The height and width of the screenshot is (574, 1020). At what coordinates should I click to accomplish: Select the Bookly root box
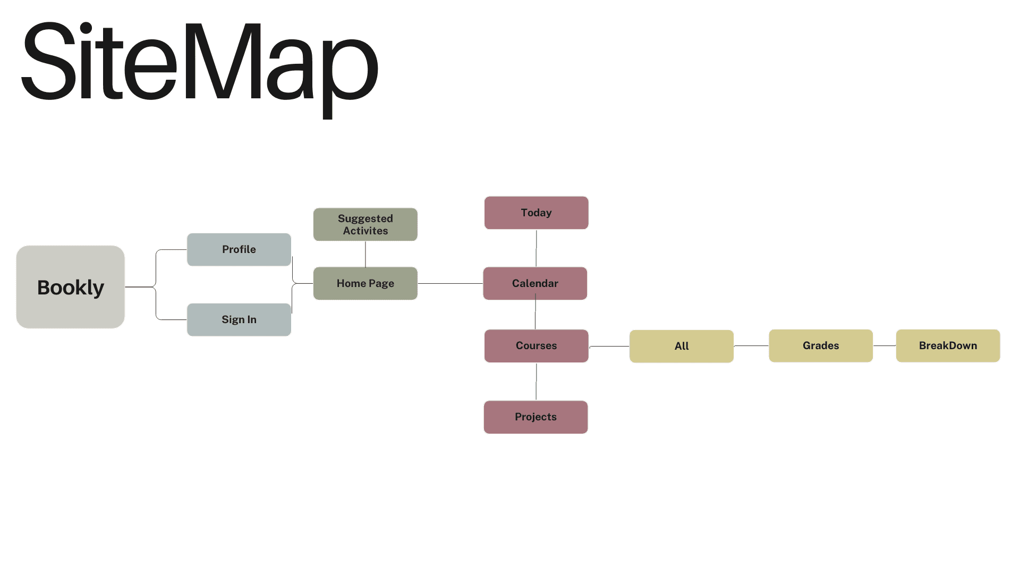[x=71, y=287]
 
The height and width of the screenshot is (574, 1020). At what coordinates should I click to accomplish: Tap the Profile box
[x=239, y=249]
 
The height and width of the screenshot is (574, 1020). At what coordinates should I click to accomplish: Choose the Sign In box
[x=239, y=319]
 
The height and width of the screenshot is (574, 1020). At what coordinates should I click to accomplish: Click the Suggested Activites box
[x=365, y=224]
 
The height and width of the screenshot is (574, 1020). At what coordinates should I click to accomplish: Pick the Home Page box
[x=365, y=283]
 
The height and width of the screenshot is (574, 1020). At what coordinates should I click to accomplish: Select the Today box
[x=537, y=213]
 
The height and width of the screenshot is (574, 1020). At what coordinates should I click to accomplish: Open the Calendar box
[x=535, y=283]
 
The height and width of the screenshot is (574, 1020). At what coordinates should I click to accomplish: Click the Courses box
[x=537, y=345]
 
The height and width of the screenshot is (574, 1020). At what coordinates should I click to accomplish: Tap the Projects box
[x=535, y=417]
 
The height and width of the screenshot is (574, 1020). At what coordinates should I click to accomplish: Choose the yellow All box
[x=682, y=346]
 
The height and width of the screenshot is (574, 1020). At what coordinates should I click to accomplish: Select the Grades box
[x=821, y=345]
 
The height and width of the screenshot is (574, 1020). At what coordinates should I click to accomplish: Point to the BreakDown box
[x=948, y=345]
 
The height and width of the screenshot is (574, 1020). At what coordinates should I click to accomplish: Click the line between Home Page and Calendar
[x=450, y=283]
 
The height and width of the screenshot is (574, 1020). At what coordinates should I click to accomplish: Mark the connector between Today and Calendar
[x=536, y=248]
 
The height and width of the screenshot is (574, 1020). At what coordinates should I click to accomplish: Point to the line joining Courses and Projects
[x=536, y=382]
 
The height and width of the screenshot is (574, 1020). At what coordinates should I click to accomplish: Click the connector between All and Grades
[x=751, y=346]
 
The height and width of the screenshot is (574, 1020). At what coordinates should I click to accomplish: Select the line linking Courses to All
[x=609, y=346]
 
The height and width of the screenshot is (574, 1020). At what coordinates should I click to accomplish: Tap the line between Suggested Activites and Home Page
[x=365, y=254]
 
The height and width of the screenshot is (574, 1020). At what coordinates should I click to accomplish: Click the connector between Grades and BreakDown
[x=885, y=345]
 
